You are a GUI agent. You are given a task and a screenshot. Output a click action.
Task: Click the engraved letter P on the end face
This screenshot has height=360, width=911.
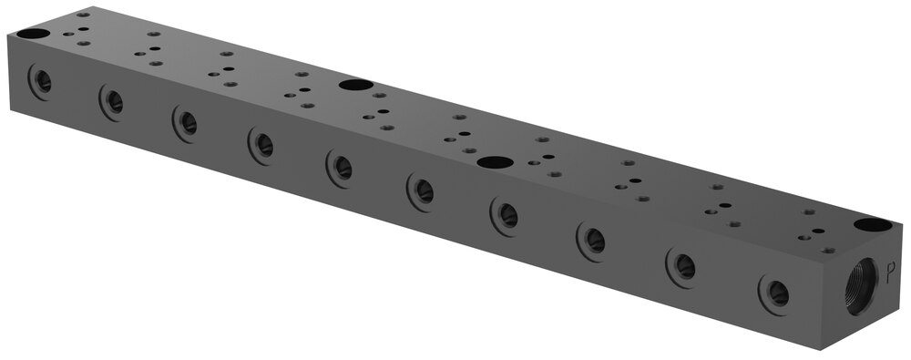(890, 273)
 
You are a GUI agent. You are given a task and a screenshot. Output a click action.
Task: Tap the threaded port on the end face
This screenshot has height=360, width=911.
(862, 286)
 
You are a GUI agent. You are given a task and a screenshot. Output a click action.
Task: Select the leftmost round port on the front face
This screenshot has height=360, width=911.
(40, 81)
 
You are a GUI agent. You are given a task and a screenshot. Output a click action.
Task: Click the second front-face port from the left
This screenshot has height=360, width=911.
(112, 102)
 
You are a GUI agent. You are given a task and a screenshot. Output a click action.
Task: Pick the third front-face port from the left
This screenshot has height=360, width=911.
(185, 123)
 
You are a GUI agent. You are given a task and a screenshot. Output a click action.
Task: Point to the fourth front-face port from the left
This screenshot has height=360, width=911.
(261, 146)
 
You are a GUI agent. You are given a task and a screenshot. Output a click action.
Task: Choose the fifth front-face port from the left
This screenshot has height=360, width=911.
(340, 168)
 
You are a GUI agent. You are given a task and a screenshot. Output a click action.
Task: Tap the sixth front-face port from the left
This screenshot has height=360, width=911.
(421, 192)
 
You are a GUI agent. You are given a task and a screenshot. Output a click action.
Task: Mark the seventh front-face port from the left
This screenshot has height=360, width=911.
(505, 216)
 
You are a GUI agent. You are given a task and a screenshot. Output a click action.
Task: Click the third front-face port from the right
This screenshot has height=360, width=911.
(592, 242)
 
